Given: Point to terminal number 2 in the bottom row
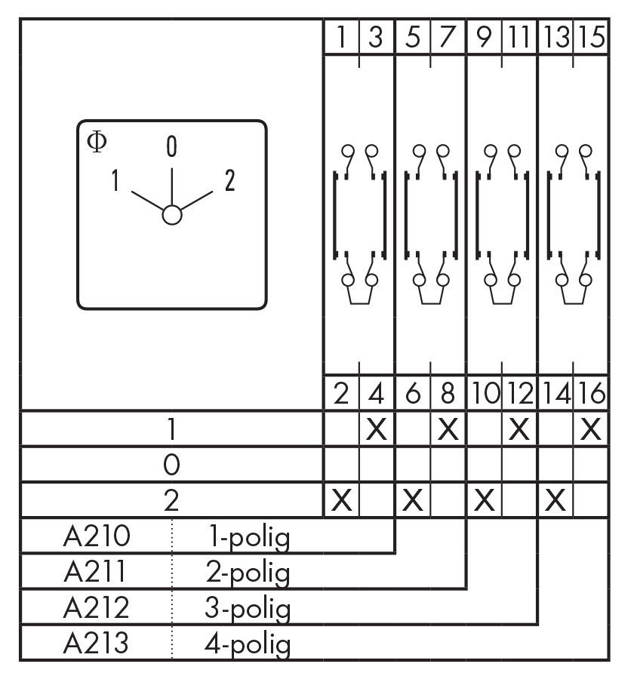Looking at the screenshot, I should tap(342, 394).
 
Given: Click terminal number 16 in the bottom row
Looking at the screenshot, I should tap(592, 394).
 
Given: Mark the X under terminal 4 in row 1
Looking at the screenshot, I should tap(377, 429).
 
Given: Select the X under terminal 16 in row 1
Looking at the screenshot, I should tap(592, 429).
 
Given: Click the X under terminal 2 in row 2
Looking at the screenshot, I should tap(342, 500).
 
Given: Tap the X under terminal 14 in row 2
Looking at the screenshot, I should tap(556, 500).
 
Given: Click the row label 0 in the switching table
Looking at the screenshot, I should tap(172, 465).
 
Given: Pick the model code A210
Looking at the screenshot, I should tap(97, 537).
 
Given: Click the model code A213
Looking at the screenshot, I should tap(97, 644).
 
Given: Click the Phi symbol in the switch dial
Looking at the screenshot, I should tap(97, 141).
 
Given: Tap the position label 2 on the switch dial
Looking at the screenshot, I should tap(229, 180).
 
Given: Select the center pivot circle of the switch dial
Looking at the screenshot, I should tap(172, 215).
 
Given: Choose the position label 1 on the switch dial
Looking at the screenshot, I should tap(116, 180).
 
